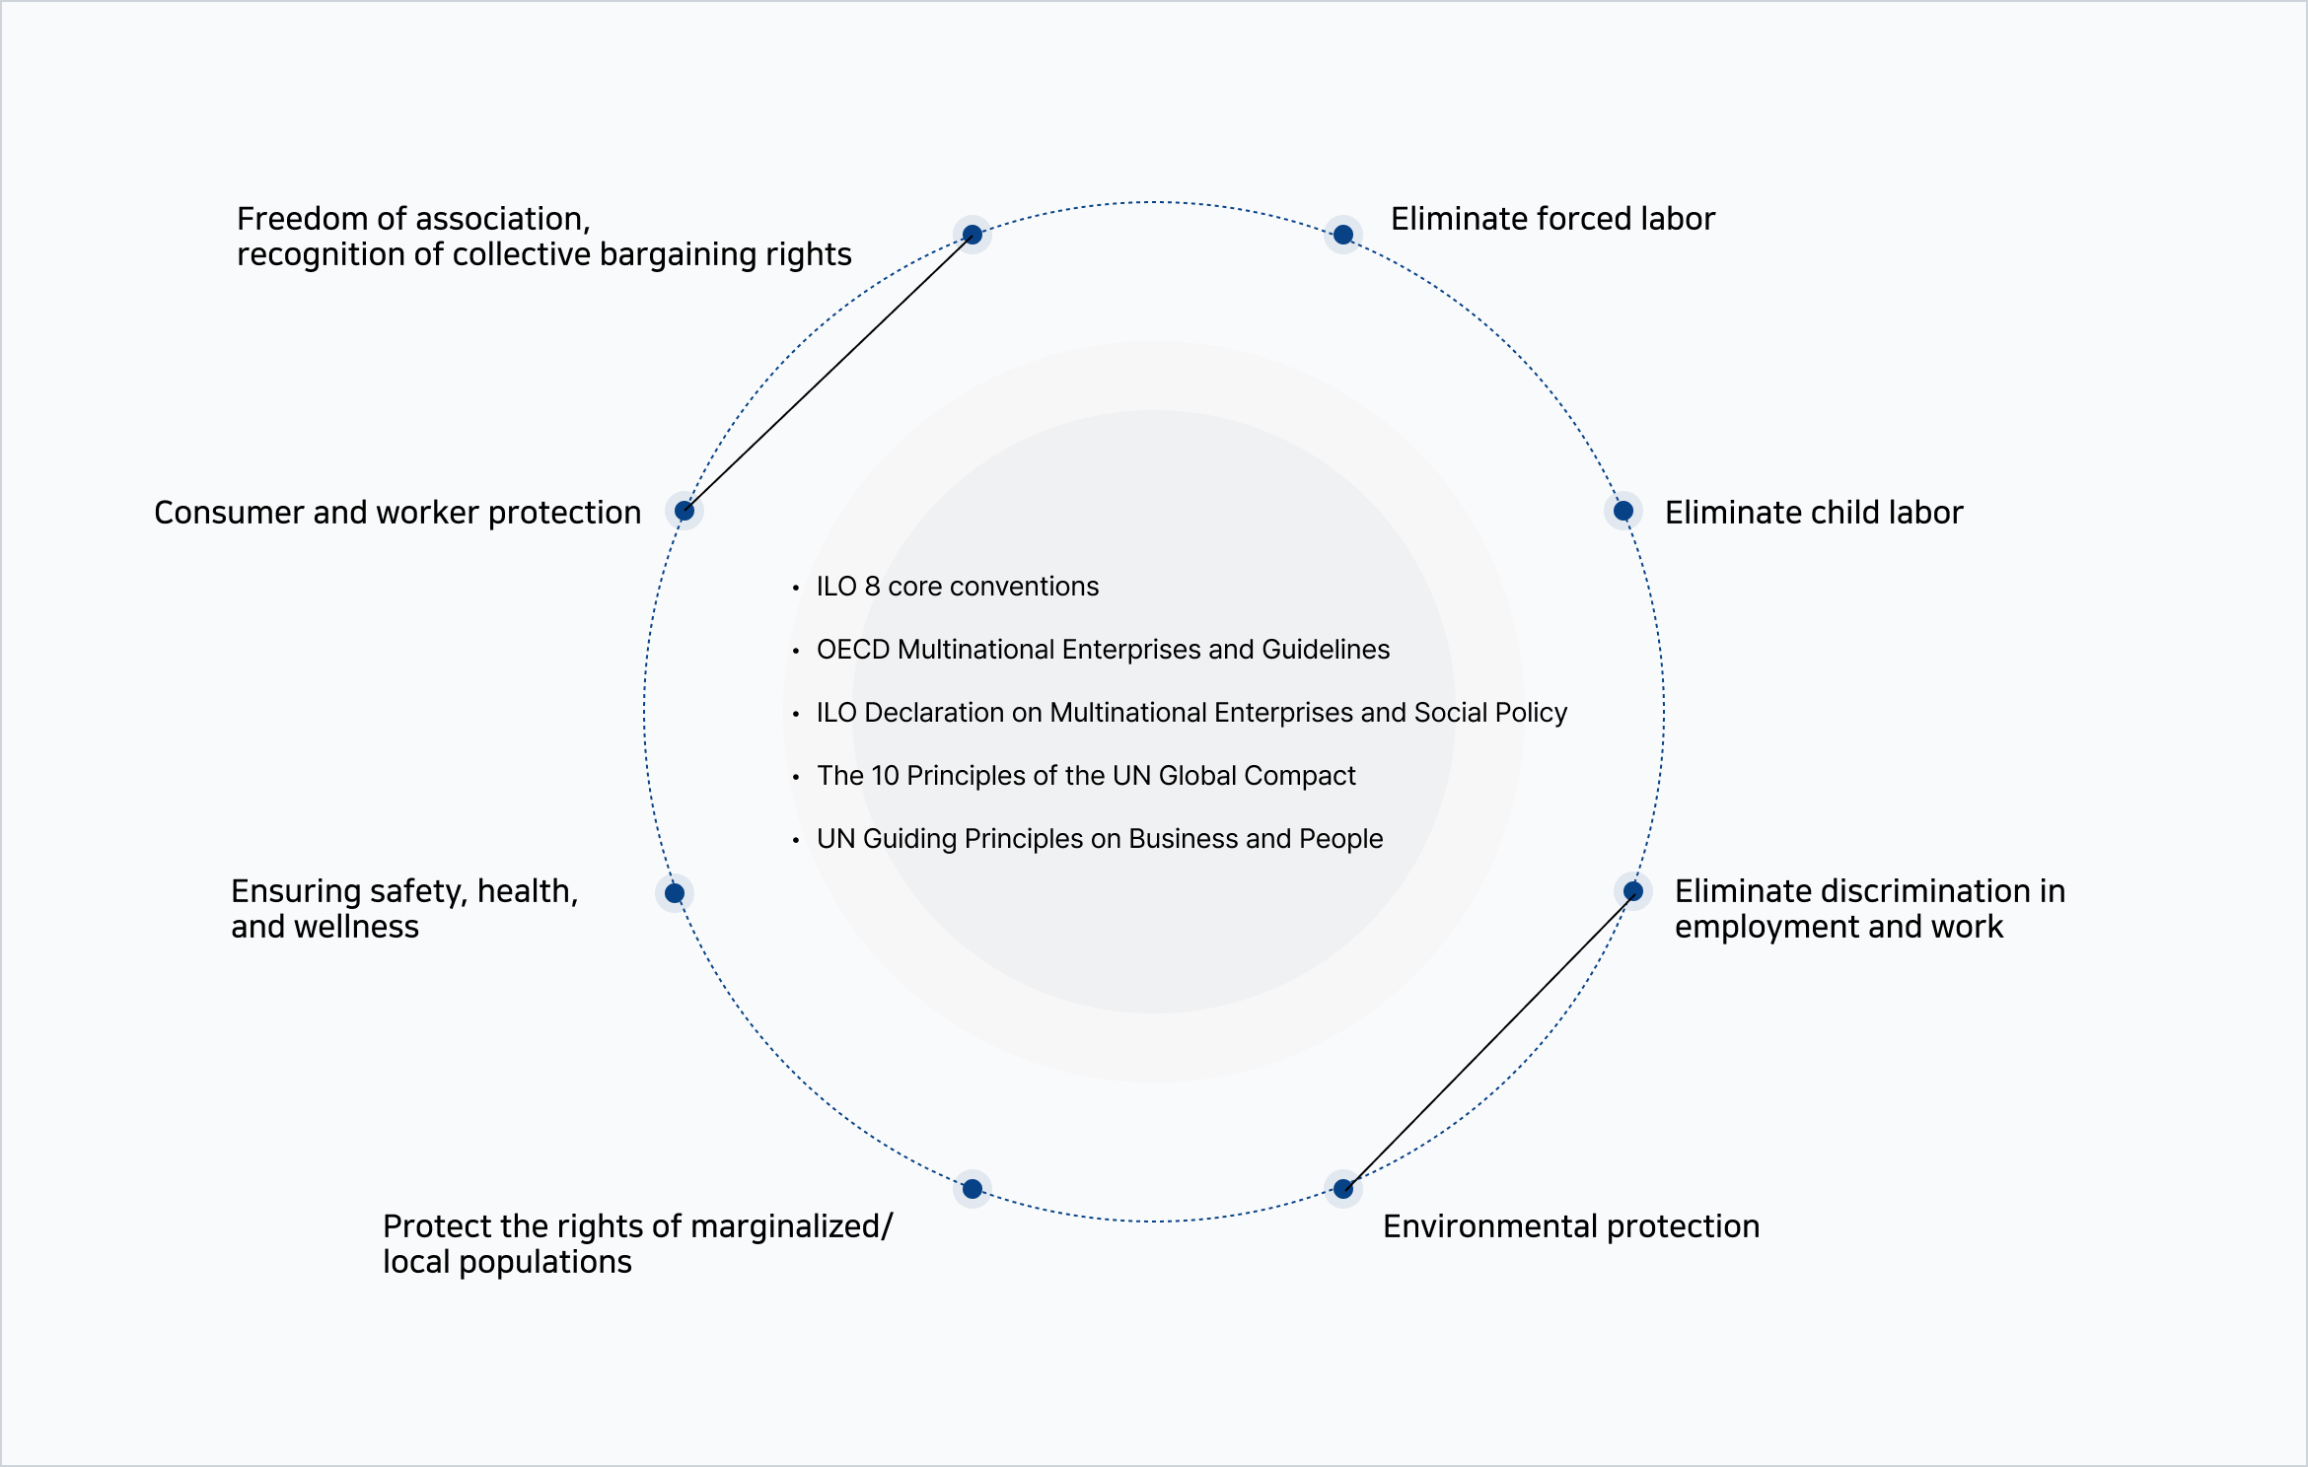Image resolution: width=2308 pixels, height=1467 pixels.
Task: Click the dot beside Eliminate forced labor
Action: click(1342, 235)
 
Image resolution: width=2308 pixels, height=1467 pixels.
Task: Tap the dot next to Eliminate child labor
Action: click(1623, 511)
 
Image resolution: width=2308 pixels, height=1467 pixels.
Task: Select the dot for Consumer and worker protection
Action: click(685, 511)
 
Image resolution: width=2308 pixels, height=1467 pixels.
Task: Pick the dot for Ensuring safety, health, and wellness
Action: click(675, 893)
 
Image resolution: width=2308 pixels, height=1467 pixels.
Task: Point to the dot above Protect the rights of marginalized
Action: click(973, 1189)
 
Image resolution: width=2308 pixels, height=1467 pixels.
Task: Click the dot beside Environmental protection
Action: click(1342, 1189)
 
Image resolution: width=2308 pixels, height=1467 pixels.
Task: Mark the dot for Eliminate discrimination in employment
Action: click(1633, 891)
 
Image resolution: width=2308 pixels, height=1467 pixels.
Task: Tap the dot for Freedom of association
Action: click(973, 235)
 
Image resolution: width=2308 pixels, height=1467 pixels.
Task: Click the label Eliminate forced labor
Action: click(1552, 219)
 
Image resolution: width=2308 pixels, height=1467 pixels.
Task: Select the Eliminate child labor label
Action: click(1814, 513)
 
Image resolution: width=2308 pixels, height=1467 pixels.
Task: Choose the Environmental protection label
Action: click(1571, 1226)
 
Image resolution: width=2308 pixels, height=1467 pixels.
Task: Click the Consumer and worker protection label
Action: click(397, 513)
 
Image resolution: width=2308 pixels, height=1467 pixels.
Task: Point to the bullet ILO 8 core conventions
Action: click(958, 587)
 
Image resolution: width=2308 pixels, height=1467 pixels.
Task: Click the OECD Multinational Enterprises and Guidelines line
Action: click(1103, 650)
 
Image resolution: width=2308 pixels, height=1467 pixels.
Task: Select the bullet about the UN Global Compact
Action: click(1086, 776)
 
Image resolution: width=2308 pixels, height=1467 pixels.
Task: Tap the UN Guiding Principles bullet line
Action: click(1100, 839)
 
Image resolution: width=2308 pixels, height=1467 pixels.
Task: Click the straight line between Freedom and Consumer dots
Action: click(829, 373)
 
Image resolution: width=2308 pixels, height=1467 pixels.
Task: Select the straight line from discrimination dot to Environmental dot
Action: click(1488, 1040)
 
